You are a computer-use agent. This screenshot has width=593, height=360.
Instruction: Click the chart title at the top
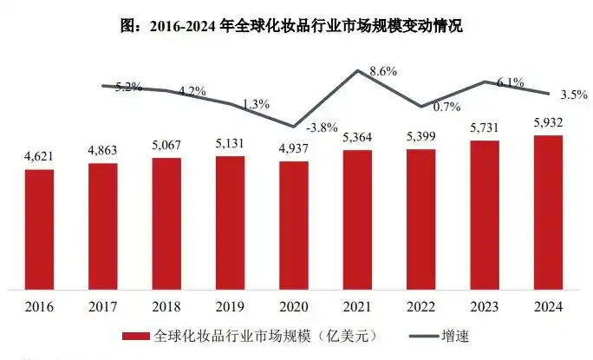pos(296,27)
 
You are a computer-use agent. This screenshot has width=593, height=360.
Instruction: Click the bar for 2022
pos(420,219)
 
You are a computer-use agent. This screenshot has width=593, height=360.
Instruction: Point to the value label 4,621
pos(39,156)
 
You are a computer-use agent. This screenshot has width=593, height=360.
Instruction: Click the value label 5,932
pos(548,122)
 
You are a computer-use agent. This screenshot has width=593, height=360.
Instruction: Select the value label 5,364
pos(357,137)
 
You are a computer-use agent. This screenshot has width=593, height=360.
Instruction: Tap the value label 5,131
pos(230,144)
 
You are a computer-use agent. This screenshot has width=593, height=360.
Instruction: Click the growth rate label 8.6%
pos(381,73)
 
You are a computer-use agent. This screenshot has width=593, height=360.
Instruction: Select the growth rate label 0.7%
pos(446,107)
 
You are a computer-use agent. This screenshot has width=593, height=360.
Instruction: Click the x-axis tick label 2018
pos(166,307)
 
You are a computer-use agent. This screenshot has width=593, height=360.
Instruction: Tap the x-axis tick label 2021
pos(357,307)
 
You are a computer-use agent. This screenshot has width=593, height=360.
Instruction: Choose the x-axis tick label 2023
pos(485,307)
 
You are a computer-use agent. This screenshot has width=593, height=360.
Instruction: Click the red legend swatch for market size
pos(135,335)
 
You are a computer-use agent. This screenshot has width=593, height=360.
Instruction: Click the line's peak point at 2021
pos(357,70)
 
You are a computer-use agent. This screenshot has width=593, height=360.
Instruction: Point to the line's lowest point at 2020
pos(294,127)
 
